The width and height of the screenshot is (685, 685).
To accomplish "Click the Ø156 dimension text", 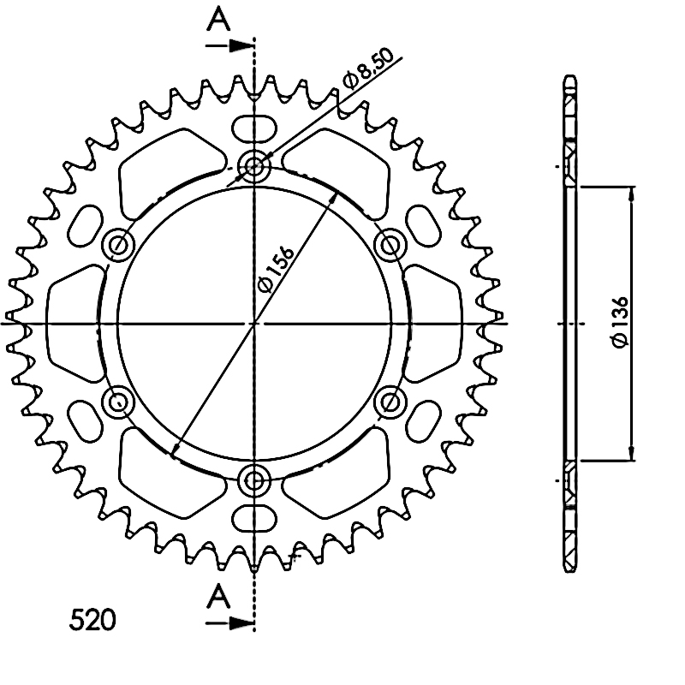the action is click(x=275, y=269).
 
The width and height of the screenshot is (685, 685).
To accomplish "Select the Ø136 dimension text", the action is click(x=620, y=322).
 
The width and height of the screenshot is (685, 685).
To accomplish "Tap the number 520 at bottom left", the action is click(x=92, y=619).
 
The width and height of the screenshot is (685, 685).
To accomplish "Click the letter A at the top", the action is click(x=218, y=20).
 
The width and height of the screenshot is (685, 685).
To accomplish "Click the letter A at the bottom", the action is click(x=218, y=597).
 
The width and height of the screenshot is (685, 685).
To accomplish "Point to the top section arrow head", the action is click(x=241, y=45).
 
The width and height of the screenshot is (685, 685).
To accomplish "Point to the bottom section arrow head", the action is click(x=241, y=623).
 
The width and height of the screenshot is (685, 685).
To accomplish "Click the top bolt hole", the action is click(x=254, y=166).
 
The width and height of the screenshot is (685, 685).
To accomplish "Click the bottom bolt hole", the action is click(x=254, y=481).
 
